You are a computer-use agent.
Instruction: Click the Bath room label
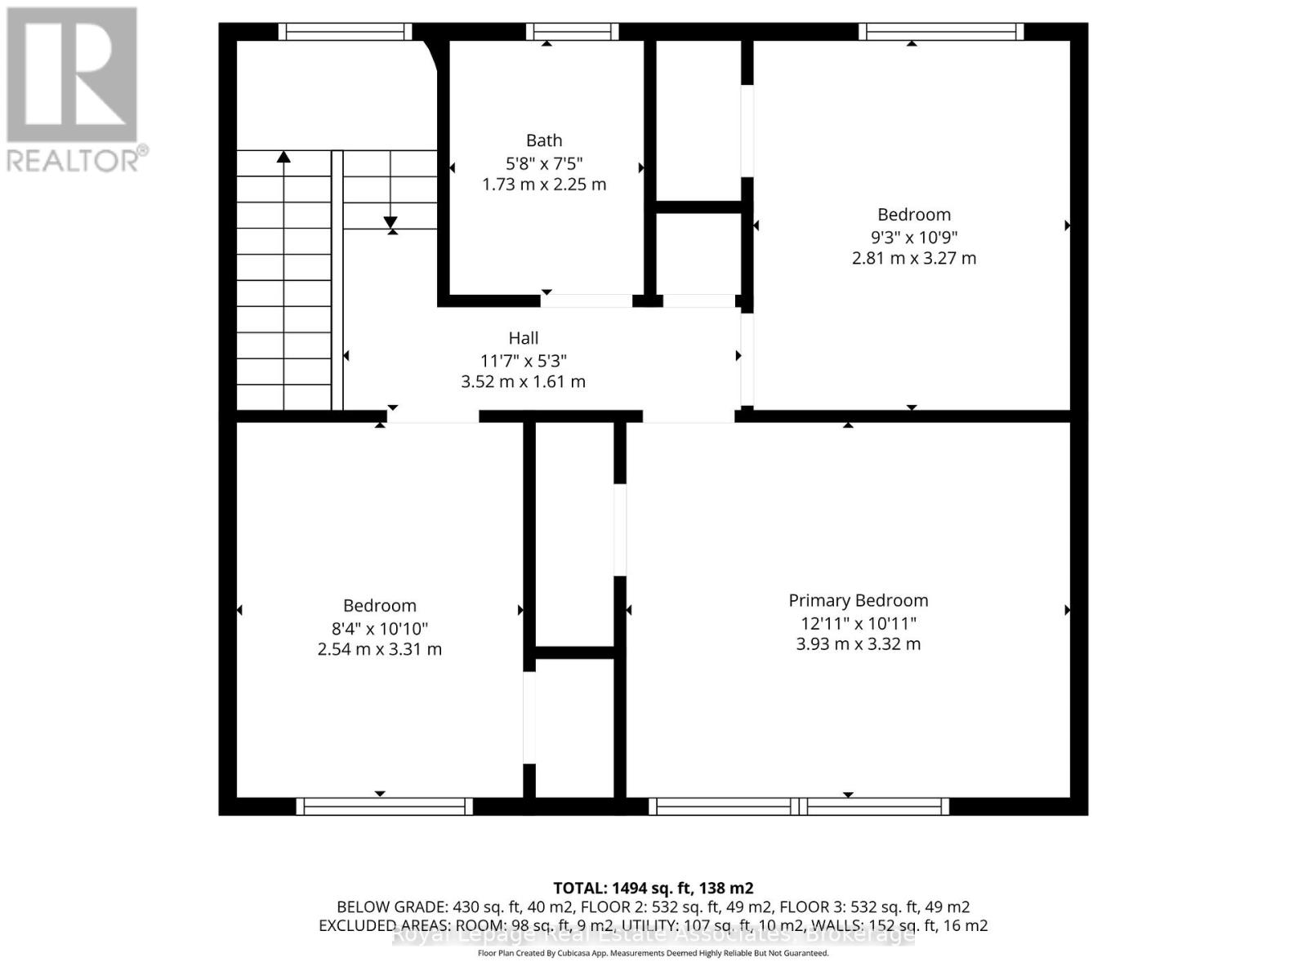543,140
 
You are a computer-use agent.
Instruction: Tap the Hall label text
524,338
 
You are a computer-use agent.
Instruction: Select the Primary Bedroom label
858,600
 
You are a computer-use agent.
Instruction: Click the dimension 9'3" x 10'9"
913,238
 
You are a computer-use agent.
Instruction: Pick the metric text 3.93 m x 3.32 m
858,644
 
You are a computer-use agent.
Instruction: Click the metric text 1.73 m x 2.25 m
543,185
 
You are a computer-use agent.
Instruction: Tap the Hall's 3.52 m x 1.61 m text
523,381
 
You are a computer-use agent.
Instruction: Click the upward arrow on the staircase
283,157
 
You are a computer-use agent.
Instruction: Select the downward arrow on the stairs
390,221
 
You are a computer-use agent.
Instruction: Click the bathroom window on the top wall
572,32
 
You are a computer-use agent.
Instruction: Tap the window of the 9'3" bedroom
940,32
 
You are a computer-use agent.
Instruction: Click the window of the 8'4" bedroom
384,807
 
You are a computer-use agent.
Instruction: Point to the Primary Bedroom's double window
799,807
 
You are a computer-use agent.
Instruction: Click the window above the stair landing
345,32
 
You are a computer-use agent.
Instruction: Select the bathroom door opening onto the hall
586,301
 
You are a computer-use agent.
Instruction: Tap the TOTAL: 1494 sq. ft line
653,888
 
